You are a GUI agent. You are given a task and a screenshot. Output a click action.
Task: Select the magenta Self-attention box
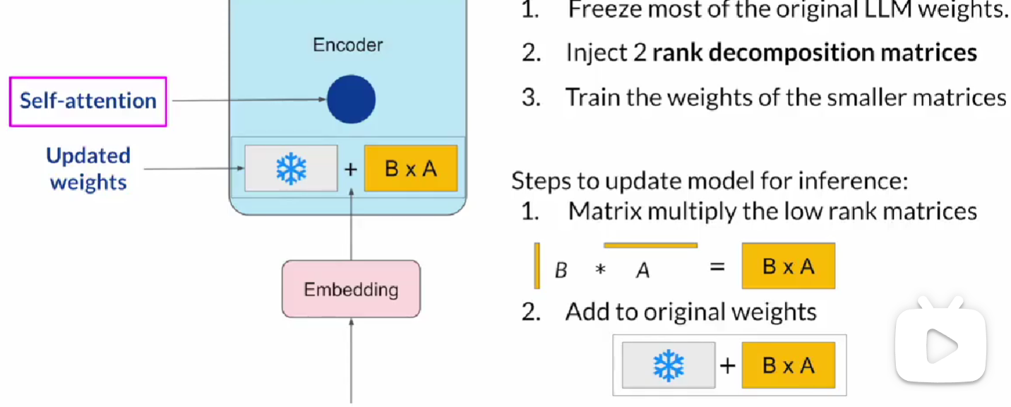pos(88,101)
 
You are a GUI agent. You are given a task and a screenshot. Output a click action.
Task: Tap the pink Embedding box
pos(351,289)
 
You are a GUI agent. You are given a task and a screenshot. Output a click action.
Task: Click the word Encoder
pos(347,45)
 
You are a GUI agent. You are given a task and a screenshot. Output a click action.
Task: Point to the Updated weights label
pos(88,169)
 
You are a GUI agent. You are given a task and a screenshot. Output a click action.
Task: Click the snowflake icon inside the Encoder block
pos(291,169)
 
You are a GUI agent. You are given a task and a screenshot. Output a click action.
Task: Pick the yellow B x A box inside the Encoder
pos(410,169)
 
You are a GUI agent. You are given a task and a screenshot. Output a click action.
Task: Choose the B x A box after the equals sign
pos(788,266)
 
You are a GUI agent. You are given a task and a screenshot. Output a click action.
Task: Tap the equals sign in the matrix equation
pos(717,267)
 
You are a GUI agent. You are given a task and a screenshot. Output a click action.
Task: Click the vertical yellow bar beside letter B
pos(537,266)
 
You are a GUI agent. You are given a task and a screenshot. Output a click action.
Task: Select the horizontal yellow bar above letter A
pos(650,245)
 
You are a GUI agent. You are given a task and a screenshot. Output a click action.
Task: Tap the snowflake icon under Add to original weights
pos(669,365)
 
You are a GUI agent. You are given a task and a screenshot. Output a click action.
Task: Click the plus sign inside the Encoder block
pos(351,170)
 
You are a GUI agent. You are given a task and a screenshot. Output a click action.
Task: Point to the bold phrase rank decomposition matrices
pos(814,53)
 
